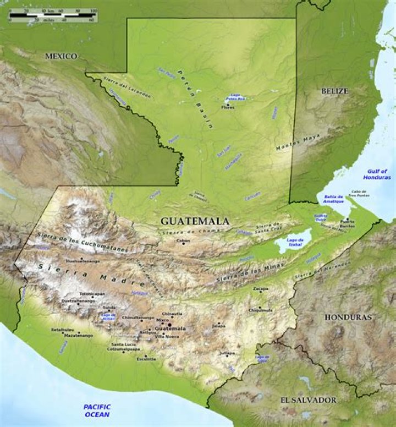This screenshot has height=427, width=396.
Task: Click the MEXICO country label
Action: tap(61, 56)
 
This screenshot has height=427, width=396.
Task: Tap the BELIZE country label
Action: tap(334, 91)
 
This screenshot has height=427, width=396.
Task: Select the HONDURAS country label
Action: tap(348, 317)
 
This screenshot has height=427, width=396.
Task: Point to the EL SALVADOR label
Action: tap(307, 400)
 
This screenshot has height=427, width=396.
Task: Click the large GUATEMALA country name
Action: tap(195, 221)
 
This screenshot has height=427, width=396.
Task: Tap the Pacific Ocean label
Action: tap(97, 410)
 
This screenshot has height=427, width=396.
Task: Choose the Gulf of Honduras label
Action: tap(377, 174)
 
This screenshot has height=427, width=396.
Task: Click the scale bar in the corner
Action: tap(53, 15)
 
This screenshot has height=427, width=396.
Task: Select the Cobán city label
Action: tap(183, 240)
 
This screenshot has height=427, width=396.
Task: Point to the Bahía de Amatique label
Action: tap(334, 199)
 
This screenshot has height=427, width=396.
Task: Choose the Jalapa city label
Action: tap(219, 326)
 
